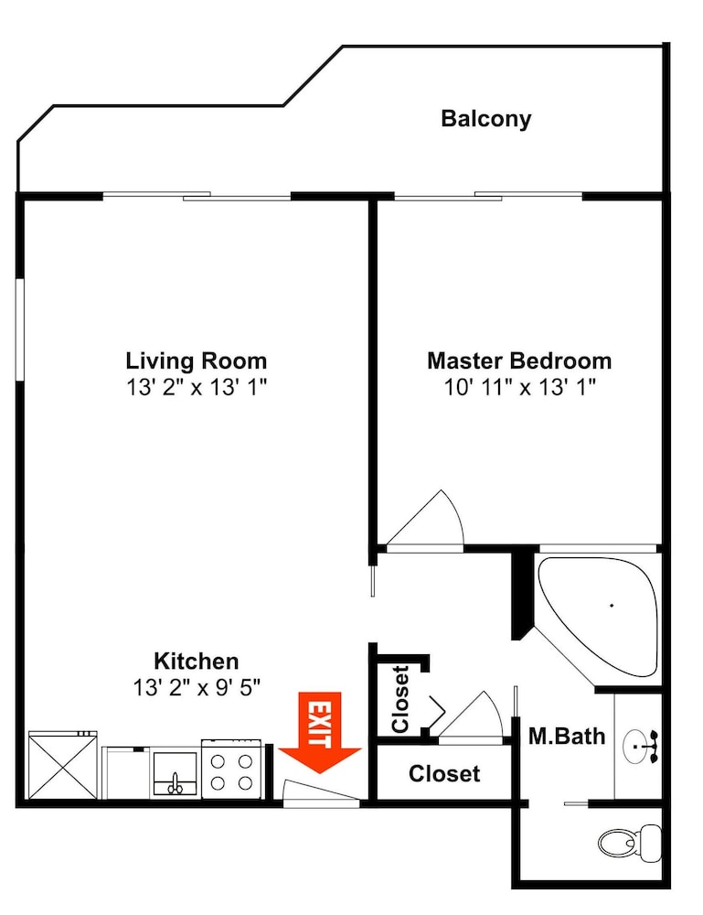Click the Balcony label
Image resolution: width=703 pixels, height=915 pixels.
point(485,119)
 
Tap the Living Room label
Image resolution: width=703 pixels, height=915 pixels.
point(197,361)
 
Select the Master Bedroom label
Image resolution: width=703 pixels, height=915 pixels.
point(519,361)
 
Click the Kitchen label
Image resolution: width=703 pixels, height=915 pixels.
point(197,662)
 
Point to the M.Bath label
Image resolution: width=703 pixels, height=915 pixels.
point(567,737)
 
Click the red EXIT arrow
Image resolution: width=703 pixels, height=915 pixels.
point(319,732)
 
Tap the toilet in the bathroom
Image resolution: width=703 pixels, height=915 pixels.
point(630,843)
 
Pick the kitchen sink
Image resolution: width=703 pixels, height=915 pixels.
point(175,774)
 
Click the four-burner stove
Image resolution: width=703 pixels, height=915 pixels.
point(231,770)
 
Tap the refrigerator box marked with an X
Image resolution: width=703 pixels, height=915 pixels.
point(63,765)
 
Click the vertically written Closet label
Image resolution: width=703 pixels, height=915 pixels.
point(400,699)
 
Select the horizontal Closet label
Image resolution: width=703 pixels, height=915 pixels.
point(444,774)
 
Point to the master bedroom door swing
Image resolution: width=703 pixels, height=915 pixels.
point(425,520)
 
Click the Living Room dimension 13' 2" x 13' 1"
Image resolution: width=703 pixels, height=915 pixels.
point(197,387)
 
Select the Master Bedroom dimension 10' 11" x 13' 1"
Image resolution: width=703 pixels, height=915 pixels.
point(520,387)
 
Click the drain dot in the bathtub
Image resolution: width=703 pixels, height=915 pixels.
point(612,605)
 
